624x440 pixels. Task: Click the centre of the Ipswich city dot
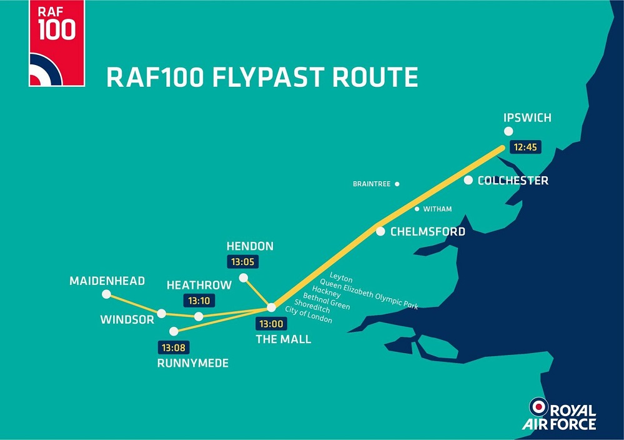click(508, 131)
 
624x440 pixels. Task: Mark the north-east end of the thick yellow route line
click(503, 147)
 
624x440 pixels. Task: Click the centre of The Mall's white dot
click(271, 307)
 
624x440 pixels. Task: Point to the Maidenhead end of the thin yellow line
click(107, 294)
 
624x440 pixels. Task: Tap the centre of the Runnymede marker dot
click(174, 331)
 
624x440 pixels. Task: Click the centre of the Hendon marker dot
click(244, 277)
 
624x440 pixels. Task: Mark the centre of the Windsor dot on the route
click(161, 313)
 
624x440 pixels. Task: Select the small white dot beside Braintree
click(397, 184)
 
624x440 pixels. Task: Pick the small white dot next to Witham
click(417, 209)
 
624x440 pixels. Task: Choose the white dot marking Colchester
click(468, 180)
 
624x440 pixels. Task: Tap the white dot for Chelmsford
click(380, 231)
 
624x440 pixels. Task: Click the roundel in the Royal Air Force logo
click(538, 407)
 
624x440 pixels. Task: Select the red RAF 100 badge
click(57, 43)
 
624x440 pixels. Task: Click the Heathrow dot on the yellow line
click(199, 316)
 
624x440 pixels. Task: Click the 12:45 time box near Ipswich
click(525, 147)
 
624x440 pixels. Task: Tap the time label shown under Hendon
click(242, 262)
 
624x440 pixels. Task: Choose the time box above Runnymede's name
click(174, 347)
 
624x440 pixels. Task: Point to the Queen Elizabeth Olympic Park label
click(369, 294)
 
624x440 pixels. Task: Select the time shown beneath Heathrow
click(199, 301)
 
